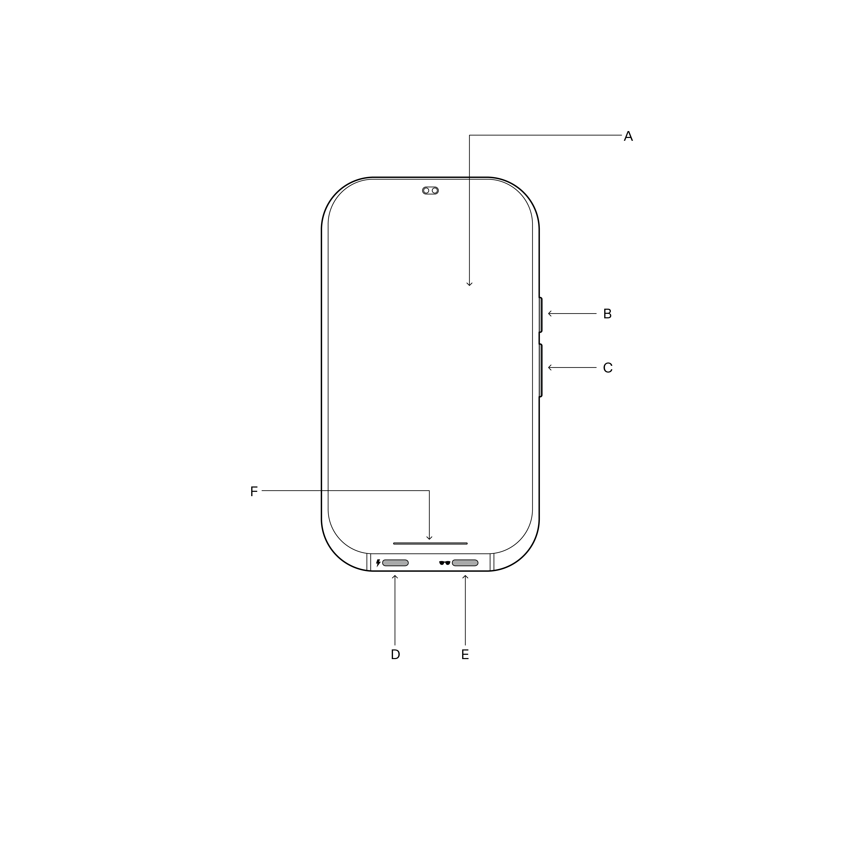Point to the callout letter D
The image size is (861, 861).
[x=395, y=654]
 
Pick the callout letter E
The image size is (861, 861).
[x=465, y=654]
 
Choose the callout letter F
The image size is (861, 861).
[x=254, y=492]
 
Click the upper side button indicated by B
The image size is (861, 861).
[x=540, y=315]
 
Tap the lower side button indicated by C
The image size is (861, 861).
[x=540, y=370]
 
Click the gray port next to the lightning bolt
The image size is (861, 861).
[x=395, y=563]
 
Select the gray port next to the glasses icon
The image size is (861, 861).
[x=465, y=563]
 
